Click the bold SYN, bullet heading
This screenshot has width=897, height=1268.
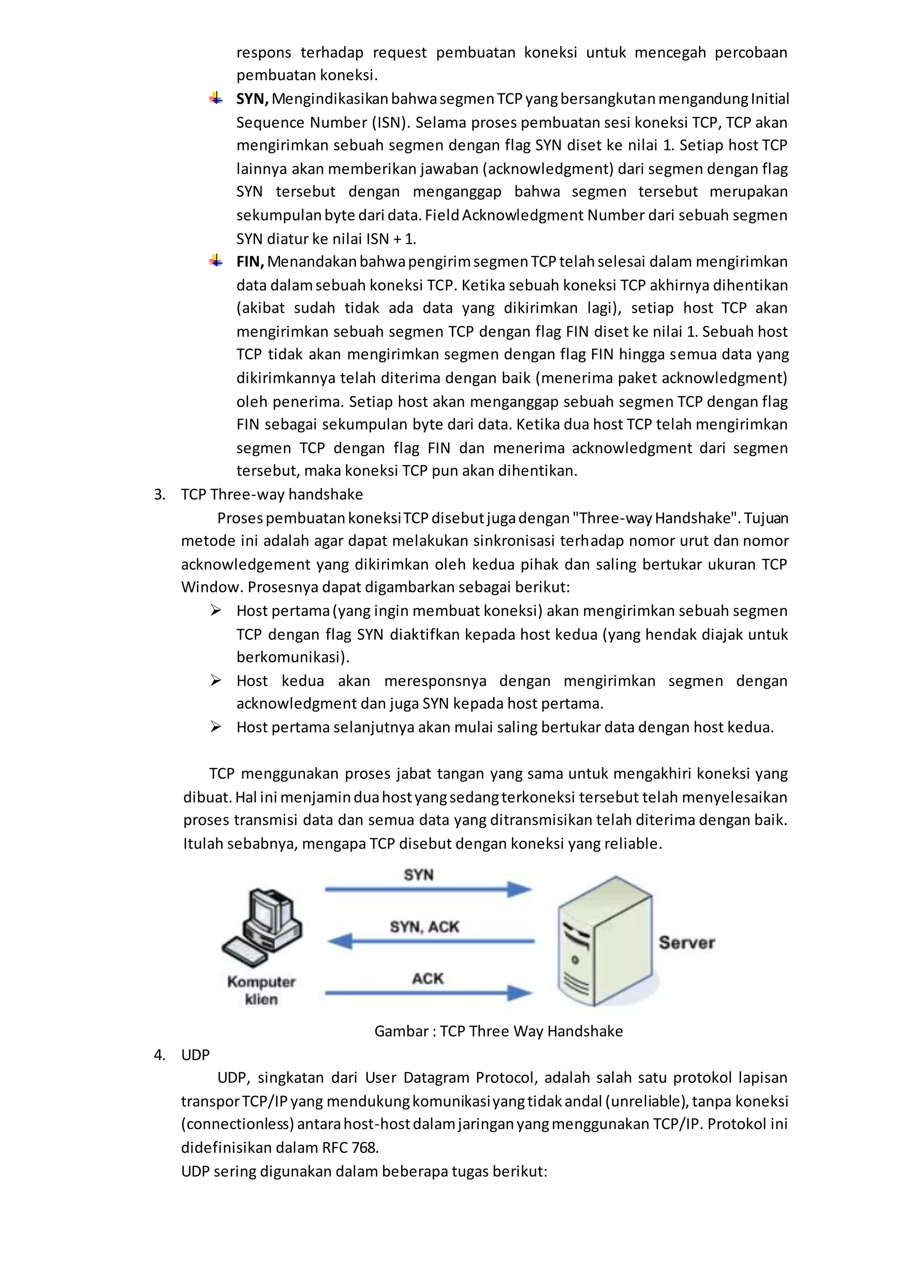point(252,99)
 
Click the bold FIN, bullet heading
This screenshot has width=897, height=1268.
point(250,262)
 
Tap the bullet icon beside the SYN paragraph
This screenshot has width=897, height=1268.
point(216,99)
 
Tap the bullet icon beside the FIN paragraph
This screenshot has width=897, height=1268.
point(216,261)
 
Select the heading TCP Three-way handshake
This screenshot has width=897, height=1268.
point(272,494)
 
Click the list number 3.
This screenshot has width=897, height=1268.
point(159,494)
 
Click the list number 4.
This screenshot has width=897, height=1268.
point(159,1055)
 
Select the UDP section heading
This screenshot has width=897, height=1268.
point(195,1055)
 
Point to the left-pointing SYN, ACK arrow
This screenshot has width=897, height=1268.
point(431,940)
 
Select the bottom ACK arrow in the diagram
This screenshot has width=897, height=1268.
point(428,993)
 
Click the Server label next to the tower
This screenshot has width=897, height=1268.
point(687,942)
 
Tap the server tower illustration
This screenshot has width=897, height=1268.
point(605,942)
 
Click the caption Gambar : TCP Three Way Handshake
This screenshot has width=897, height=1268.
point(498,1031)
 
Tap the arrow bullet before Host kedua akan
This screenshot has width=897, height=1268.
point(216,680)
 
